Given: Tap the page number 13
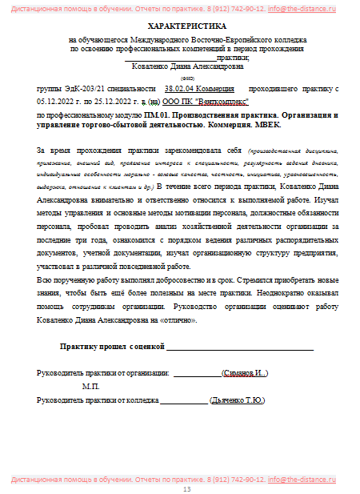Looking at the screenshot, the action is (x=187, y=488).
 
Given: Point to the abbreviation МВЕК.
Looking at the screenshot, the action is (x=266, y=126).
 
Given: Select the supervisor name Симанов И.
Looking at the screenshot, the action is (x=245, y=373).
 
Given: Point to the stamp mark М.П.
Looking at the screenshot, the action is (x=90, y=386).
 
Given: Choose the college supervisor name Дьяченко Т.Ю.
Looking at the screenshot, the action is (x=236, y=400).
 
